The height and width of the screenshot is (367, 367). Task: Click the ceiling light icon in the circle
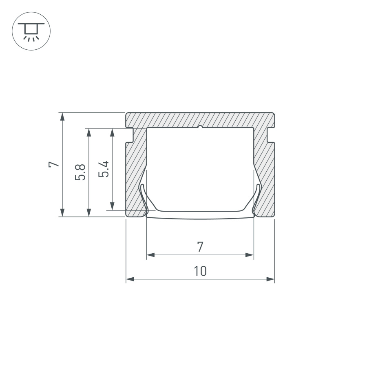[31, 31]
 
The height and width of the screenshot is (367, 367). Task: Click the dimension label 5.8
[81, 172]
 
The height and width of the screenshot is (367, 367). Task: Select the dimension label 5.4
[104, 168]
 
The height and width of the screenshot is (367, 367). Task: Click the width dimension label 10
[200, 271]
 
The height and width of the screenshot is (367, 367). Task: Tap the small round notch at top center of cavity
[200, 127]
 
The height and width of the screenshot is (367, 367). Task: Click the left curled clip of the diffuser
[144, 200]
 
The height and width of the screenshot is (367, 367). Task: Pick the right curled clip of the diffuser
[257, 200]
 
